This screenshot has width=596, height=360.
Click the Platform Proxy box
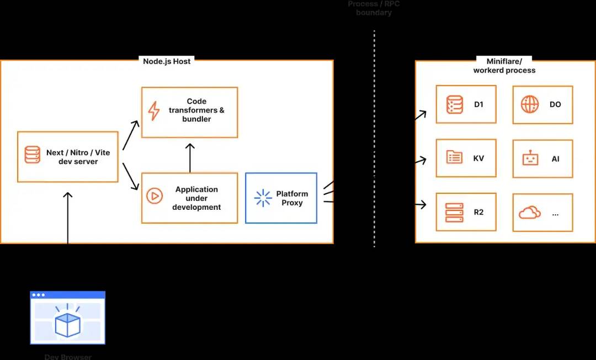[281, 198]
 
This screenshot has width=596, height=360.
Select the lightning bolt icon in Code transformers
[154, 111]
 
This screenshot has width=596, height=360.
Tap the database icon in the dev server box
[32, 155]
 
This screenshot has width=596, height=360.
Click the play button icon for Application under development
[154, 196]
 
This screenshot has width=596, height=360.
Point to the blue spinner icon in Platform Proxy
[263, 198]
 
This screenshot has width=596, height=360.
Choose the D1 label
[478, 104]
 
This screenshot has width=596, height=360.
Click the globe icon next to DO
[530, 104]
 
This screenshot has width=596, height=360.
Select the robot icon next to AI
[530, 159]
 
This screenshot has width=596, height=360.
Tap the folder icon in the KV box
[454, 157]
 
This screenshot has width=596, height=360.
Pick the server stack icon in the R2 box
[454, 212]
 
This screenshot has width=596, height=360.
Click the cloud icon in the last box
[529, 213]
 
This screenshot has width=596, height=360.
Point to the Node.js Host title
[167, 61]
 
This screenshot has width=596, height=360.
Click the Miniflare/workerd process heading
[504, 66]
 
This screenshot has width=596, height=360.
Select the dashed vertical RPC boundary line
[374, 138]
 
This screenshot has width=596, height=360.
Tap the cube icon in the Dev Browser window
[67, 324]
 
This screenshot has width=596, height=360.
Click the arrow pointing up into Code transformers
[190, 158]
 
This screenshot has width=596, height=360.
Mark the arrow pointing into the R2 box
[421, 204]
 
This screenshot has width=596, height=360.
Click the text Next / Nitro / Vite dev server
[78, 157]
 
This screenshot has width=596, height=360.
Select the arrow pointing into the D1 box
[421, 115]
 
